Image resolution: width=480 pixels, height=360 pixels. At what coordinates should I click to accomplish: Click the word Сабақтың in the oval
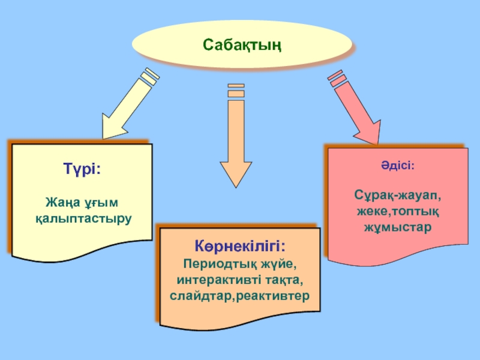[242, 45]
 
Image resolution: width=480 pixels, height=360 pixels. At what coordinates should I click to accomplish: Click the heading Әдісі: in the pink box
[397, 164]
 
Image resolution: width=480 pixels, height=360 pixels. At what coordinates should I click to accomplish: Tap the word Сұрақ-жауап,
[397, 196]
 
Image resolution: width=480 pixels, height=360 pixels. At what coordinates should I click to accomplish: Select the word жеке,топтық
[397, 212]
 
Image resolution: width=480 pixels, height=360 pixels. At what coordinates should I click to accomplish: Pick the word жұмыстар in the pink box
[397, 228]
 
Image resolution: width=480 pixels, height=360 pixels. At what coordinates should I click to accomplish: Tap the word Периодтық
[216, 264]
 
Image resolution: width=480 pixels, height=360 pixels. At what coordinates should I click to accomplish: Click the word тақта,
[281, 280]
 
